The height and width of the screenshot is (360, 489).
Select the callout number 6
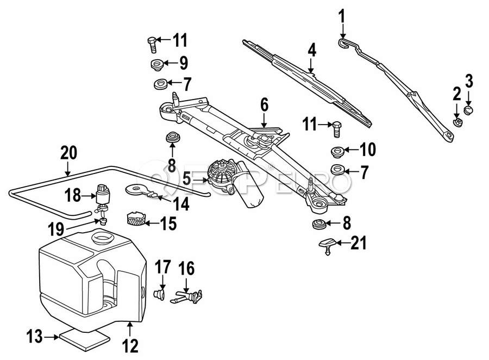pos(264,104)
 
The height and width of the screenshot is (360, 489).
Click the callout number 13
pos(34,337)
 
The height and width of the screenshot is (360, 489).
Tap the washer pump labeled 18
pos(102,195)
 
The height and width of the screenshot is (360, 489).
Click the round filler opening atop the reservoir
pos(102,238)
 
